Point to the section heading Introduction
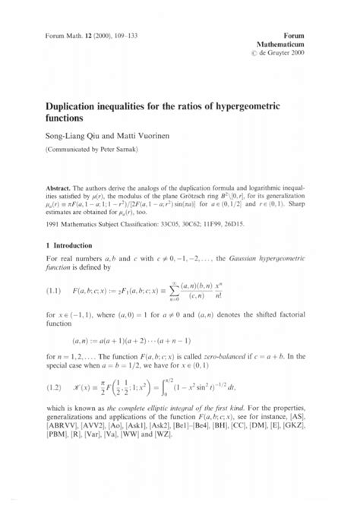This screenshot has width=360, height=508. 65,246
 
